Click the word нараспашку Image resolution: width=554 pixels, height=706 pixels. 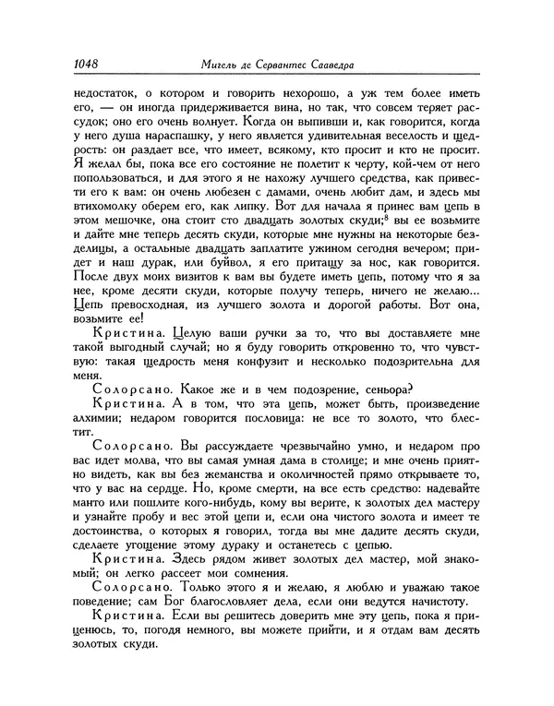(168, 150)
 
